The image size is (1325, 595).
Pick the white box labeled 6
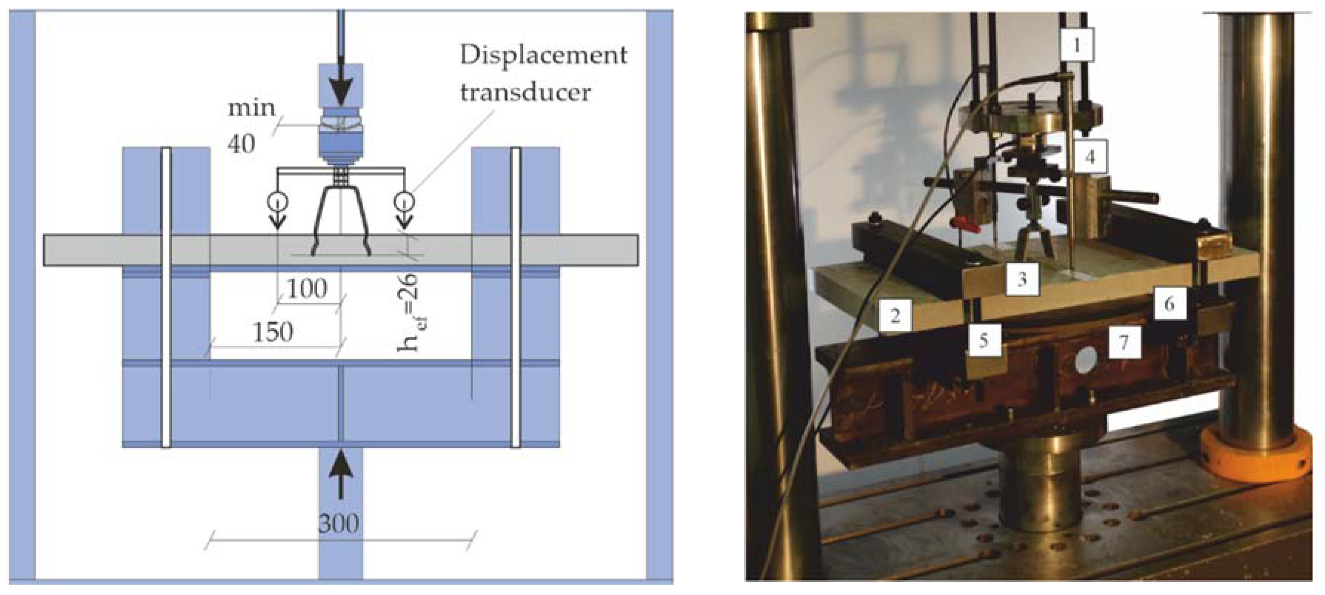1169,304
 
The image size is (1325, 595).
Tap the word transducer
526,93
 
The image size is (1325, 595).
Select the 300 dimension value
338,523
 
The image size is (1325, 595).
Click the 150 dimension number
273,332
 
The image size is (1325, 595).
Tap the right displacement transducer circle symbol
405,201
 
